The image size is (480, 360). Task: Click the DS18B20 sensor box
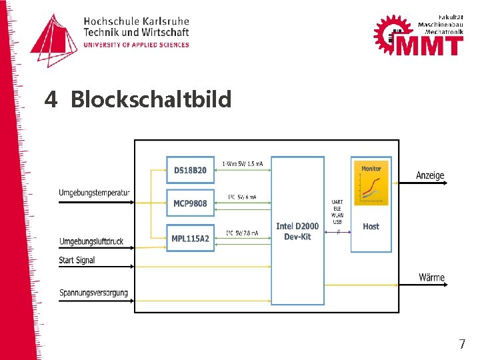[191, 170]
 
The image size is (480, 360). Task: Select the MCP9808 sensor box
[191, 203]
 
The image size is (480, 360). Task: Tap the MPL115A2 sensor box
[191, 239]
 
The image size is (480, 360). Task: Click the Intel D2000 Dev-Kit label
[297, 231]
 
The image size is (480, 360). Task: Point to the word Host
[371, 227]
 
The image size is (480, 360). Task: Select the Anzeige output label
[430, 175]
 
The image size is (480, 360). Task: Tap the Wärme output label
[432, 277]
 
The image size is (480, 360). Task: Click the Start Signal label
[77, 260]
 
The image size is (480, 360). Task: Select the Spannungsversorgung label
[93, 293]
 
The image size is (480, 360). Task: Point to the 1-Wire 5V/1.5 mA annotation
[243, 163]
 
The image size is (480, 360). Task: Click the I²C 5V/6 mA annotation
[242, 197]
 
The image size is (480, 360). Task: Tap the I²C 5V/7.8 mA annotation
[242, 232]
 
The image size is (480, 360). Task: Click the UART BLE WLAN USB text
[337, 212]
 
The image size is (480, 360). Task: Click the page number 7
[461, 345]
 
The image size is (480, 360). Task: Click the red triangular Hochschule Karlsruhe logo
[54, 40]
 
